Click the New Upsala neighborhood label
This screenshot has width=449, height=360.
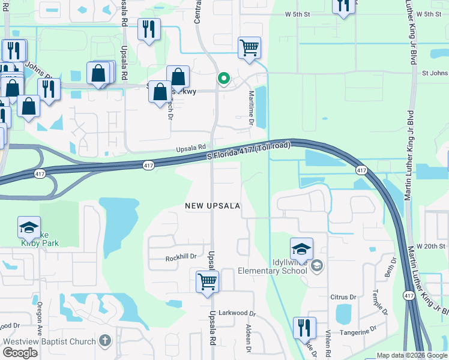(x=212, y=206)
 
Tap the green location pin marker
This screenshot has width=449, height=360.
(x=224, y=78)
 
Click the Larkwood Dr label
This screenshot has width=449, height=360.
(x=237, y=313)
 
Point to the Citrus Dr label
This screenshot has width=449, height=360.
(x=343, y=297)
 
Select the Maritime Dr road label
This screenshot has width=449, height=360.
(x=252, y=104)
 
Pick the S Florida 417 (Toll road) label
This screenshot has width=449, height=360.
(x=249, y=150)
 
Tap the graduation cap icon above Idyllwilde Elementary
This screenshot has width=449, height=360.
(x=301, y=248)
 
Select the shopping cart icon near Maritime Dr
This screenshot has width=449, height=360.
(x=249, y=47)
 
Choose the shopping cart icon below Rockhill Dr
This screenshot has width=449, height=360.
(x=207, y=280)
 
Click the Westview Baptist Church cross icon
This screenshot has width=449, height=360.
(x=105, y=341)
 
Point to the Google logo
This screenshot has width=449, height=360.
(x=20, y=353)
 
